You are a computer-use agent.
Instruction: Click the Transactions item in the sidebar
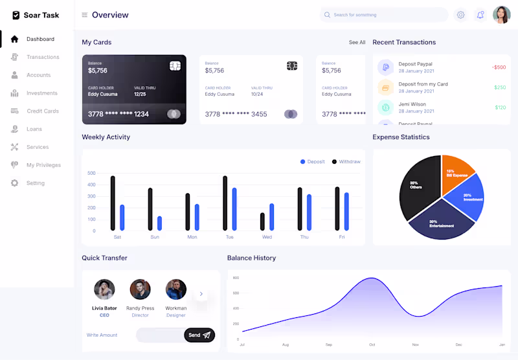click(43, 57)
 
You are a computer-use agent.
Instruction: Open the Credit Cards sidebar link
click(43, 111)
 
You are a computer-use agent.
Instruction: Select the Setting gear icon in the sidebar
click(15, 183)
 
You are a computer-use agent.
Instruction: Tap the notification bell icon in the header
click(480, 15)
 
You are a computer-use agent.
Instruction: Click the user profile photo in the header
click(502, 15)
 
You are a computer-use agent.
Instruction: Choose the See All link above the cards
click(357, 43)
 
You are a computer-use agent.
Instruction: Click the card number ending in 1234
click(118, 114)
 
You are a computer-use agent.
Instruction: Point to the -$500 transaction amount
click(499, 67)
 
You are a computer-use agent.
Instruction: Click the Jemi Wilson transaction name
click(412, 104)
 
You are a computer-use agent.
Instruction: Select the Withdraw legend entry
click(349, 162)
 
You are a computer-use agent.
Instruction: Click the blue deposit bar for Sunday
click(159, 223)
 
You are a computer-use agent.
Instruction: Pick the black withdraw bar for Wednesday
click(262, 221)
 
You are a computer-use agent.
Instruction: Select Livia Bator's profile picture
click(104, 289)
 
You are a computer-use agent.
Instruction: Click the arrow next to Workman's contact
click(201, 294)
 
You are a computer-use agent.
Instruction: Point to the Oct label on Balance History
click(372, 344)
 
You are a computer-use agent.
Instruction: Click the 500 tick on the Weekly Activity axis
click(91, 174)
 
